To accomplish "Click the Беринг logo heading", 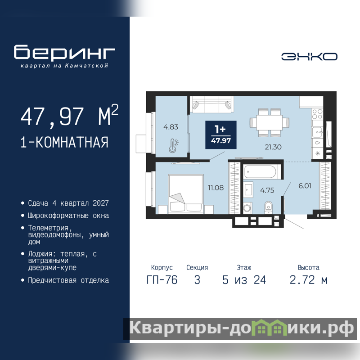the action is [x=64, y=53].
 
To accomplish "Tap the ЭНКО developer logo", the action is [x=309, y=57].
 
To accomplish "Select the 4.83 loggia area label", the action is [x=171, y=127].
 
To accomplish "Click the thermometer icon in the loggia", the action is [x=174, y=146].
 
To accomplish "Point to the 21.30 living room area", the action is [x=273, y=147].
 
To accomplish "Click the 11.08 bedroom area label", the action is [x=216, y=188].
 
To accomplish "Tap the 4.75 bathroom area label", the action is [x=267, y=190].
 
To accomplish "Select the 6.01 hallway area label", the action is [x=305, y=186].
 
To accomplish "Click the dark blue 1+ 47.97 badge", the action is [x=221, y=135].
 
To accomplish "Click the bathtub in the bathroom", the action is [x=260, y=172].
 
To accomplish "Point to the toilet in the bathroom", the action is [x=268, y=207].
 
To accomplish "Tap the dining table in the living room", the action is [x=269, y=122].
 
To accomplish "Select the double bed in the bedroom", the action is [x=186, y=194].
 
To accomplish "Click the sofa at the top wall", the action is [x=211, y=104].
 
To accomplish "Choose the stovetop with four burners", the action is [x=317, y=114].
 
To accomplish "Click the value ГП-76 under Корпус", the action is [x=162, y=280].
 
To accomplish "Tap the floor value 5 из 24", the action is [x=244, y=280].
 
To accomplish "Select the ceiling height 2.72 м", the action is [x=308, y=280].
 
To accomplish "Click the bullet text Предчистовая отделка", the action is [x=68, y=280].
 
